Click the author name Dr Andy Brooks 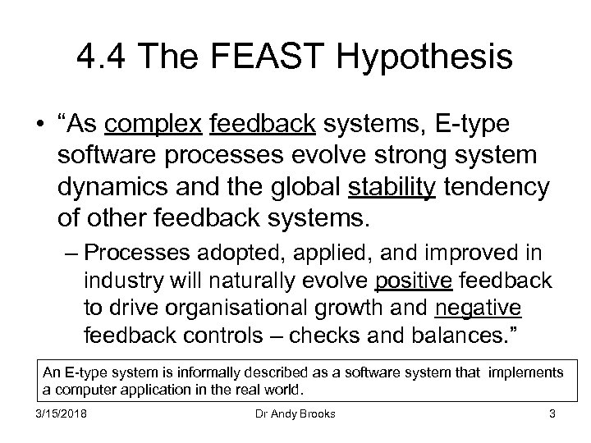(x=295, y=414)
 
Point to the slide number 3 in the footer (x=552, y=414)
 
